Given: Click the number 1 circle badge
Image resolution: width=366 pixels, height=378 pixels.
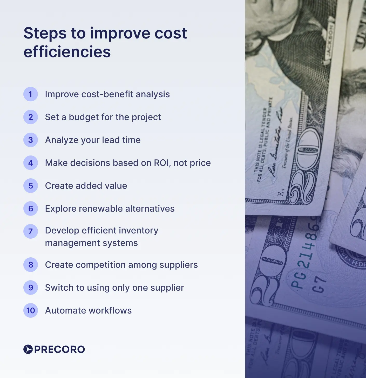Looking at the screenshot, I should click(x=31, y=94).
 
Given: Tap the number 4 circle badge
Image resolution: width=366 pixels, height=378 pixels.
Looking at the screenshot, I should click(x=31, y=163).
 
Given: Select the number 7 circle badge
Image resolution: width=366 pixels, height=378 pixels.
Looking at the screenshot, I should click(x=31, y=231).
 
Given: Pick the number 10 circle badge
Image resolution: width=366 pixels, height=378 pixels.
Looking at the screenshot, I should click(x=31, y=310).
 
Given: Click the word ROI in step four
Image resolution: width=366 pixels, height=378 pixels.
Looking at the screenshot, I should click(x=162, y=163).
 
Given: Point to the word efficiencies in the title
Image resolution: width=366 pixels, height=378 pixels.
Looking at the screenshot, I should click(x=67, y=52).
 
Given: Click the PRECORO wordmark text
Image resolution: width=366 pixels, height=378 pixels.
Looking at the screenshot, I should click(x=60, y=349).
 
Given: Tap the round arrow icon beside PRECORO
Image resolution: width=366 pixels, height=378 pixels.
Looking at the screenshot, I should click(x=28, y=349).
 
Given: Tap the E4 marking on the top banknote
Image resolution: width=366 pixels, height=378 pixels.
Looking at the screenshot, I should click(x=281, y=193).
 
